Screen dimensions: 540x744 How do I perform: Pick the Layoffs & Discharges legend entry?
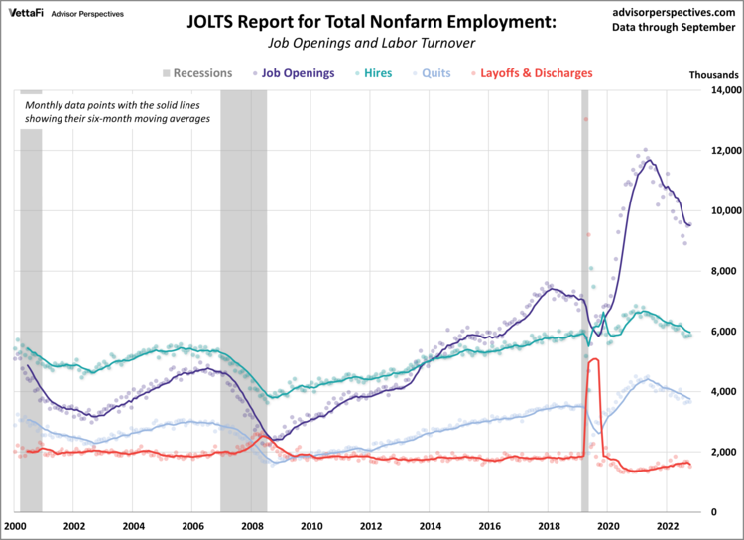pyautogui.click(x=535, y=72)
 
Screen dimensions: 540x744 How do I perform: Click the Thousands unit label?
pyautogui.click(x=713, y=75)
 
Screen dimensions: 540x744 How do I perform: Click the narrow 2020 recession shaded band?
pyautogui.click(x=584, y=298)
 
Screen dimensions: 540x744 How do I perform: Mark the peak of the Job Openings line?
pyautogui.click(x=649, y=160)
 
